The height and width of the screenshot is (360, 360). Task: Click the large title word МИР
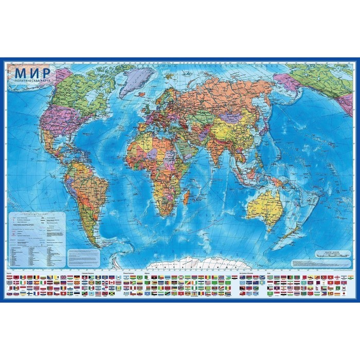coord(32,72)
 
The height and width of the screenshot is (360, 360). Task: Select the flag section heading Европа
coord(12,272)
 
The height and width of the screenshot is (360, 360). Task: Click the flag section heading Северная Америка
coord(87,272)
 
